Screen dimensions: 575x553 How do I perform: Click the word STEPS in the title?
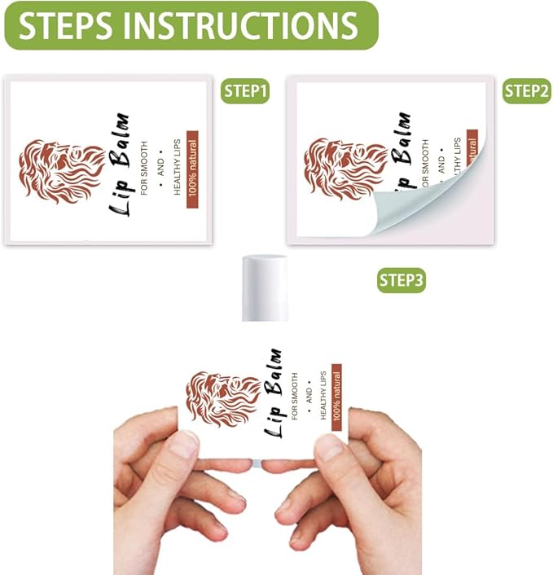[x=67, y=25]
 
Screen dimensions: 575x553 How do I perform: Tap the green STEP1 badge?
[x=246, y=92]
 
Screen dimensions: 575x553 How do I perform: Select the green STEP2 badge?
[x=526, y=91]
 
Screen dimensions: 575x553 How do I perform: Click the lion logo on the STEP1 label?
[x=60, y=169]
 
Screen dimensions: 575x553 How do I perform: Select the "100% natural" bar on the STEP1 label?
[x=193, y=169]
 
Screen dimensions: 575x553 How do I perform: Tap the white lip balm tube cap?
[x=266, y=285]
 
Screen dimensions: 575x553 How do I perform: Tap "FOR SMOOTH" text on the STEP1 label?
[x=144, y=172]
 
